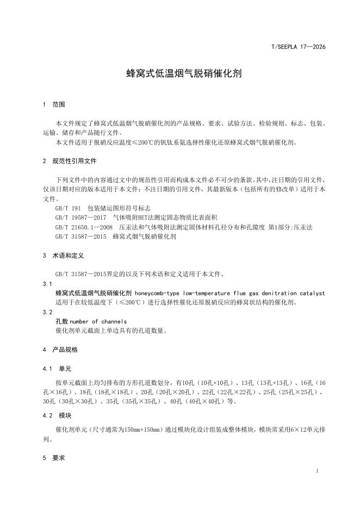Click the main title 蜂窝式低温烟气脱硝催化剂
(179, 73)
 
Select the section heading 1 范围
(54, 104)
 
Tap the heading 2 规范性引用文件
(70, 161)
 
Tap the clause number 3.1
(47, 283)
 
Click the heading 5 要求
(54, 458)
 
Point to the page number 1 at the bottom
(316, 470)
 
